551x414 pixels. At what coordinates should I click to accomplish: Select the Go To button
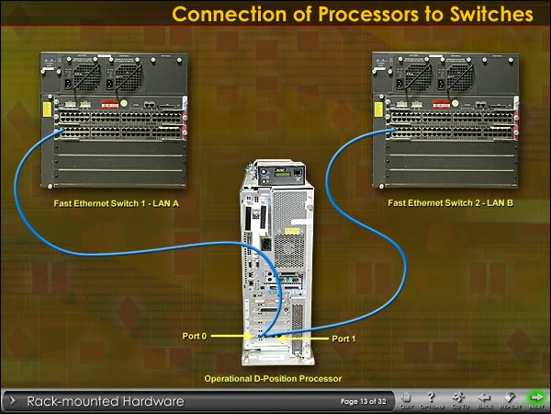[459, 399]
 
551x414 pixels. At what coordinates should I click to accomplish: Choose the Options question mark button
[432, 399]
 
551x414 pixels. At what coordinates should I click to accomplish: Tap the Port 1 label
[343, 339]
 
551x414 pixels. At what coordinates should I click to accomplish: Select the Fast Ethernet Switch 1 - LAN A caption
[117, 201]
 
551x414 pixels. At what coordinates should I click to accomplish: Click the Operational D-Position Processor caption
[273, 378]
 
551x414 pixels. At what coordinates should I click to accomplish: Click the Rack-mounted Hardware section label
[106, 401]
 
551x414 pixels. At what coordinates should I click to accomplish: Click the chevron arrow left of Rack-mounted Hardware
[14, 401]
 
